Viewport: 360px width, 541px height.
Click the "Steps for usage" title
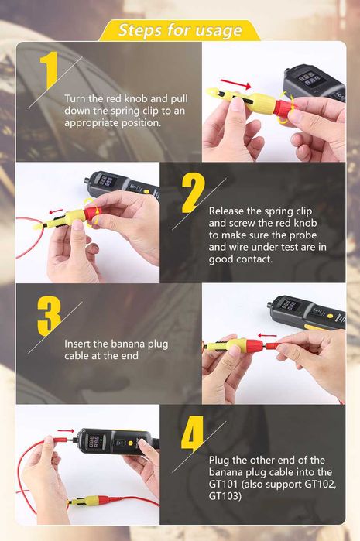tap(180, 30)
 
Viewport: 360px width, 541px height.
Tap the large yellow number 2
tap(192, 193)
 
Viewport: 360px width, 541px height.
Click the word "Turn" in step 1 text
tap(78, 99)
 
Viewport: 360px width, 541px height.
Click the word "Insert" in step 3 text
tap(80, 344)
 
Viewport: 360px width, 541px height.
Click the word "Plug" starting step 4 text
tap(221, 460)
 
